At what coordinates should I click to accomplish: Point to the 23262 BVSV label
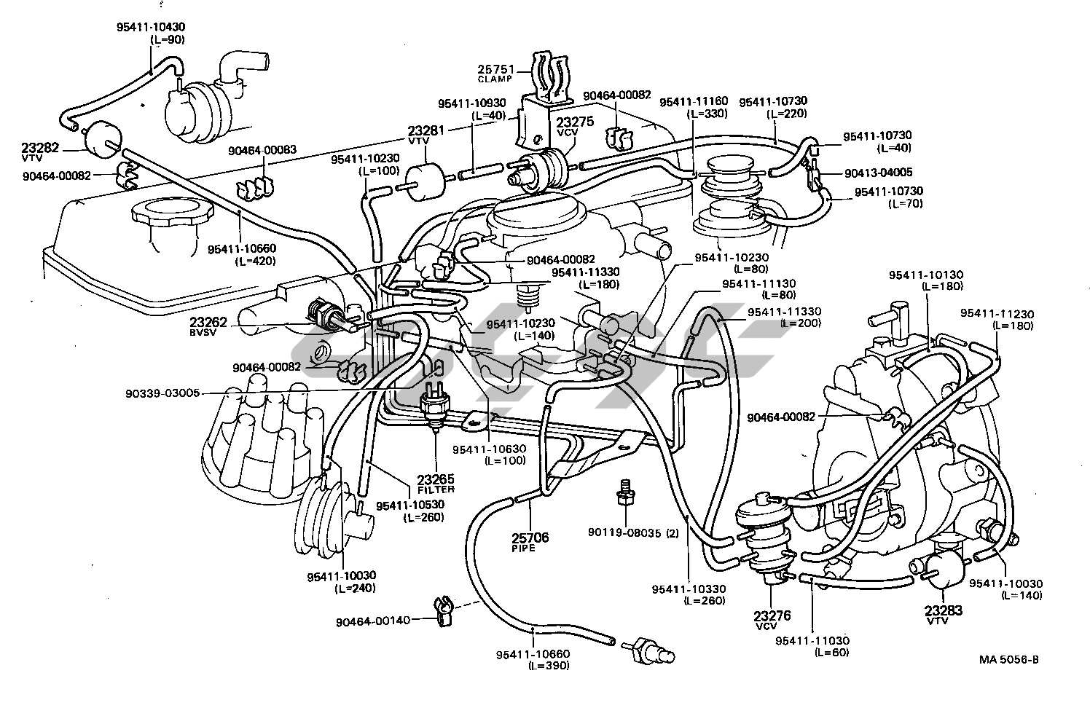point(208,325)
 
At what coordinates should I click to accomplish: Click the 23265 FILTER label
point(436,483)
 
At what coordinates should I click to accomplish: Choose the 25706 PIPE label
point(530,541)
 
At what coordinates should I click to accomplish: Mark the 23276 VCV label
point(772,620)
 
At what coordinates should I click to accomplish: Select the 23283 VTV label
point(944,614)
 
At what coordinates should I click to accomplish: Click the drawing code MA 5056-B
point(1008,660)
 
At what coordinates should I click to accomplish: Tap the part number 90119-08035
point(624,532)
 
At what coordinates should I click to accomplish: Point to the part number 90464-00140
point(373,621)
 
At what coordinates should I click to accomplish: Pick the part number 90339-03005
point(162,393)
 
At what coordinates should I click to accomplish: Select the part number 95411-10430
point(151,27)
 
